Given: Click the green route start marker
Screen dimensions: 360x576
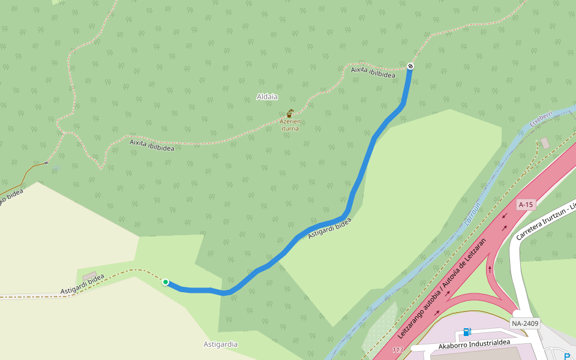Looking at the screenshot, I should [165, 282].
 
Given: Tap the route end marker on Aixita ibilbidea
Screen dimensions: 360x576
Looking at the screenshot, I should [410, 66].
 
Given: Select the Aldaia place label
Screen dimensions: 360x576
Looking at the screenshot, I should [267, 97].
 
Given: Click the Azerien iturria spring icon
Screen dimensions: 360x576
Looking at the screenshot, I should [290, 113].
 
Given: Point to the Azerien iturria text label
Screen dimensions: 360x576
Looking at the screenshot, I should [289, 124].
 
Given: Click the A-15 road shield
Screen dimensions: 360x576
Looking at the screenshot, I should [526, 205].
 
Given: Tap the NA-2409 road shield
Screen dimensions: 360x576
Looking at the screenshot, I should [525, 323].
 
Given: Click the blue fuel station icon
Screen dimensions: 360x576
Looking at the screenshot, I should [467, 332].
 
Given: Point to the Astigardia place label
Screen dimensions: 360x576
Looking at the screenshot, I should [220, 344].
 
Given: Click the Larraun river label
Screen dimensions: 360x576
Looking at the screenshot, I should [473, 214].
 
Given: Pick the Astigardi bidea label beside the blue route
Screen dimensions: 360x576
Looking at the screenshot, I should [329, 229].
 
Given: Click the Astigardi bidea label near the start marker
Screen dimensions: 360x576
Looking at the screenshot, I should [82, 284].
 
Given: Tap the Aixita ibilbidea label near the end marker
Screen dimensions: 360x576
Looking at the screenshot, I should [373, 72].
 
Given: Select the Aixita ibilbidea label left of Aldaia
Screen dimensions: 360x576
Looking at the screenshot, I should [152, 145].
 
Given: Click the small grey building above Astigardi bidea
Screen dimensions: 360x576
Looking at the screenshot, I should [90, 276].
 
